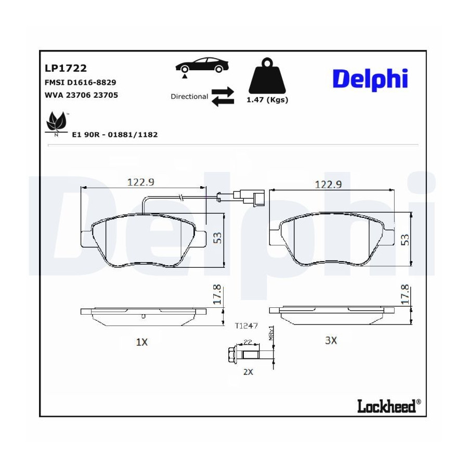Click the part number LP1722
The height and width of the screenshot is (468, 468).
66,68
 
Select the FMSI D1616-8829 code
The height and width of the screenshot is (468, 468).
80,82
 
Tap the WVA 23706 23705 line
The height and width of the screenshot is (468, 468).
81,95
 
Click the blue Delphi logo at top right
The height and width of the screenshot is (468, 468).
370,80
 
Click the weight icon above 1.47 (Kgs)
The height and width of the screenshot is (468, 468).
267,76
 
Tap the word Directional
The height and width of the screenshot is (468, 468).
189,96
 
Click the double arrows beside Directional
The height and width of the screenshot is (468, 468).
223,97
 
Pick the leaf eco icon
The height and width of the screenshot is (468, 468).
56,123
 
